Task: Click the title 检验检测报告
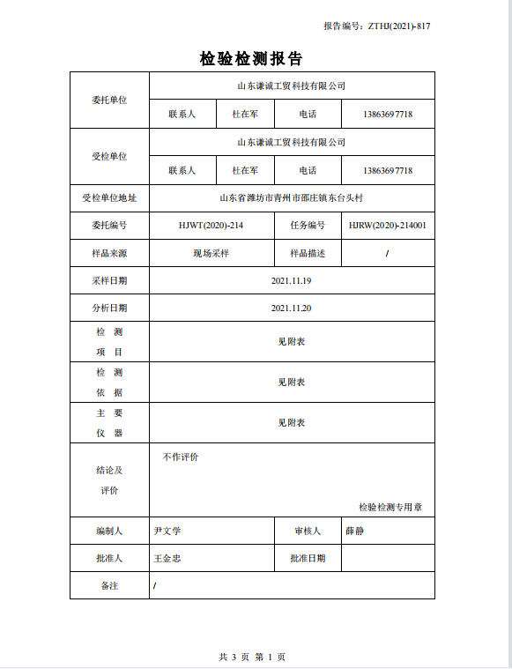point(251,59)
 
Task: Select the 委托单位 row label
point(109,100)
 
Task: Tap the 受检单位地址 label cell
point(109,198)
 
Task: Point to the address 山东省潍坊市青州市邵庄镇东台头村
point(291,198)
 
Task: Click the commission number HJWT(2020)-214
point(211,226)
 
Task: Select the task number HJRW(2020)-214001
point(387,226)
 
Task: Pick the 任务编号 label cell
point(308,226)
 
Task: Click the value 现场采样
point(211,253)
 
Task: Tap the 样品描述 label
point(308,253)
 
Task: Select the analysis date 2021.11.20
point(291,308)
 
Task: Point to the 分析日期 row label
point(109,308)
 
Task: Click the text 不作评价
point(181,457)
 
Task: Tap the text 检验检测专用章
point(390,507)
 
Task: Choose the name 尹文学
point(167,531)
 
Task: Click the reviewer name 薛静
point(354,531)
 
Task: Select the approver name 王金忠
point(167,558)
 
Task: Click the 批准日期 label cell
point(308,558)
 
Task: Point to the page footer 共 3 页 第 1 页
point(252,657)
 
